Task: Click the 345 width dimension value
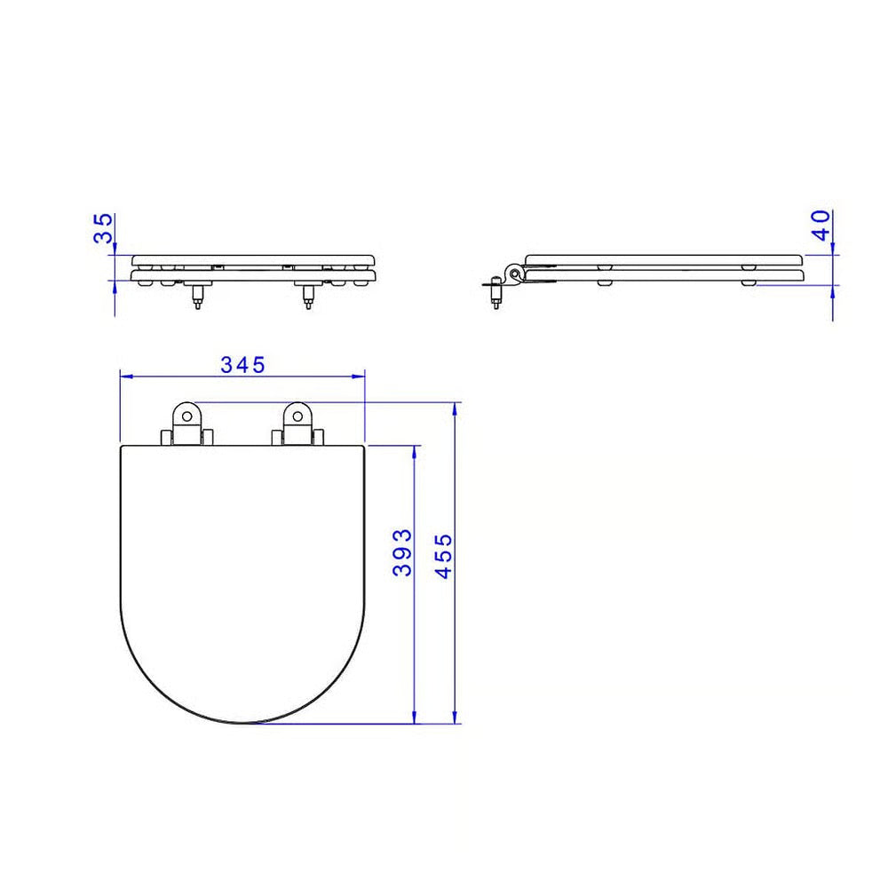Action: (x=242, y=365)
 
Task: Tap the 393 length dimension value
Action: (x=402, y=552)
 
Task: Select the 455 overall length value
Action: (x=443, y=556)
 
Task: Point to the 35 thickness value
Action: (x=103, y=228)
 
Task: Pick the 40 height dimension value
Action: (x=821, y=225)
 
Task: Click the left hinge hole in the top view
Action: (x=186, y=416)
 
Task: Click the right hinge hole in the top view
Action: (x=297, y=416)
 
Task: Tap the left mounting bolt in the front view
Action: (x=197, y=296)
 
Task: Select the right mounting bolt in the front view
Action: (x=308, y=296)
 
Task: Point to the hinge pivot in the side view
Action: (x=514, y=274)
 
